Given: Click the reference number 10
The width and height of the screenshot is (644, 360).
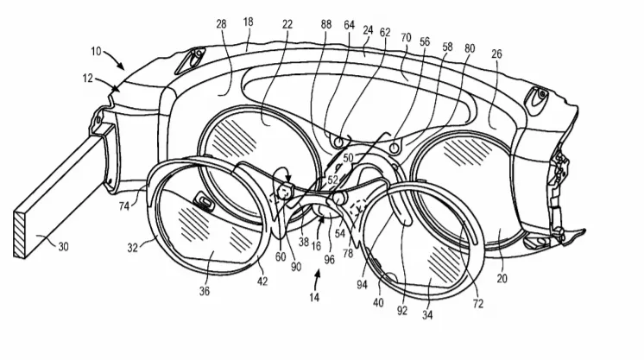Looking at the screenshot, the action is (x=96, y=52).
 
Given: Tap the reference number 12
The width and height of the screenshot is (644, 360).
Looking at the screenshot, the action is (x=88, y=78).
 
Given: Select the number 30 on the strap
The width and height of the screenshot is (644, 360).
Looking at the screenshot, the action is (x=63, y=247).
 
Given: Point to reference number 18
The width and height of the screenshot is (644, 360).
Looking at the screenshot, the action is (x=248, y=22).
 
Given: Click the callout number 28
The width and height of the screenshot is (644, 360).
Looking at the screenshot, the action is (x=221, y=24).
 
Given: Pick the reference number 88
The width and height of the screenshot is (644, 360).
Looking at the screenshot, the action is (x=326, y=25).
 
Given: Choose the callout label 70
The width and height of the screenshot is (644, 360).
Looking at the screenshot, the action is (x=406, y=38).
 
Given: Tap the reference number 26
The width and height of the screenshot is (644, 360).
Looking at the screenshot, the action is (x=496, y=54).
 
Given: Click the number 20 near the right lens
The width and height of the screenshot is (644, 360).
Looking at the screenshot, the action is (x=502, y=279).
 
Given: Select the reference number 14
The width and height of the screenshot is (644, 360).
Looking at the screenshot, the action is (x=314, y=297).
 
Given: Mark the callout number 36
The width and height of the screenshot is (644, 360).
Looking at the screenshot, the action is (x=205, y=291).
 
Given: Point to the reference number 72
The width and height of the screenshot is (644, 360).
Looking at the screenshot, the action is (x=478, y=304).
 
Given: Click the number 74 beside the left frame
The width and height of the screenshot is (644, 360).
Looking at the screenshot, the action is (x=124, y=205).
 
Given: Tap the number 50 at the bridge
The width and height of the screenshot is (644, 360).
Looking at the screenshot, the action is (x=348, y=158).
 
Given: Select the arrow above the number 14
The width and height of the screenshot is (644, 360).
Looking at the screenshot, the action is (x=316, y=279).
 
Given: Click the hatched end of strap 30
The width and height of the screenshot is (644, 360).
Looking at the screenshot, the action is (x=20, y=235).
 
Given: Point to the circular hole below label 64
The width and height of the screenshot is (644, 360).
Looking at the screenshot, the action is (x=339, y=142).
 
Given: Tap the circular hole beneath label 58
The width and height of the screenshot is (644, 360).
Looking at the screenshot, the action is (x=395, y=147).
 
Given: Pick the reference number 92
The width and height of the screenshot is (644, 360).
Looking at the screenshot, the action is (x=402, y=310).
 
